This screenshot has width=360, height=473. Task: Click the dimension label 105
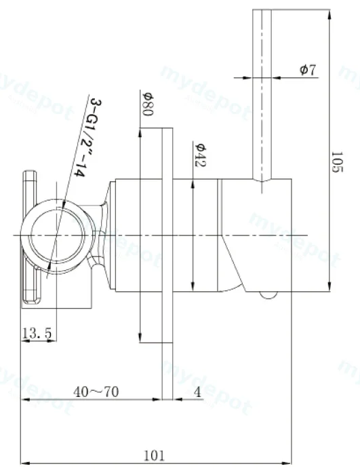337,162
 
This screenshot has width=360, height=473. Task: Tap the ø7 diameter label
308,70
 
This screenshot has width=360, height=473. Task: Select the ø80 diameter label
148,104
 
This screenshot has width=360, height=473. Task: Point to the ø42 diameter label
200,155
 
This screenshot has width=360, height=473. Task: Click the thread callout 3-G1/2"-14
87,137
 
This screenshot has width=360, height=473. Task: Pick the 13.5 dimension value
37,334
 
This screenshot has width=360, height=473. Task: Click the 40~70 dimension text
96,392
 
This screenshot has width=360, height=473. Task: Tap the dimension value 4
197,392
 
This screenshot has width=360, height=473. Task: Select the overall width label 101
155,456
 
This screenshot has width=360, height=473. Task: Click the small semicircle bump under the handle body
268,296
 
